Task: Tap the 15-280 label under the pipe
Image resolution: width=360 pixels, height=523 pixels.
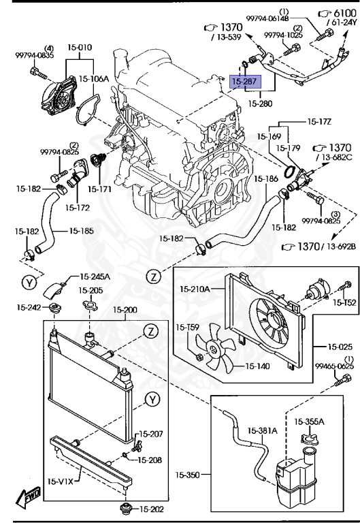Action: (x=261, y=104)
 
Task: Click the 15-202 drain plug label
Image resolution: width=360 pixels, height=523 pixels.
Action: (x=152, y=509)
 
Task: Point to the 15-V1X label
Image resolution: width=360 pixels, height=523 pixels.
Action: (x=61, y=482)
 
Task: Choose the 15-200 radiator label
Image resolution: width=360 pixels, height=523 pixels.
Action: (x=124, y=310)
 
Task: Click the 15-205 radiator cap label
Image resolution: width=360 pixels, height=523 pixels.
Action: (x=91, y=289)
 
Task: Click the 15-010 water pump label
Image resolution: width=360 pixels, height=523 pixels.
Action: (x=80, y=48)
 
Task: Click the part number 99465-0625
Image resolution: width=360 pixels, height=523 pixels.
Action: (x=334, y=366)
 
